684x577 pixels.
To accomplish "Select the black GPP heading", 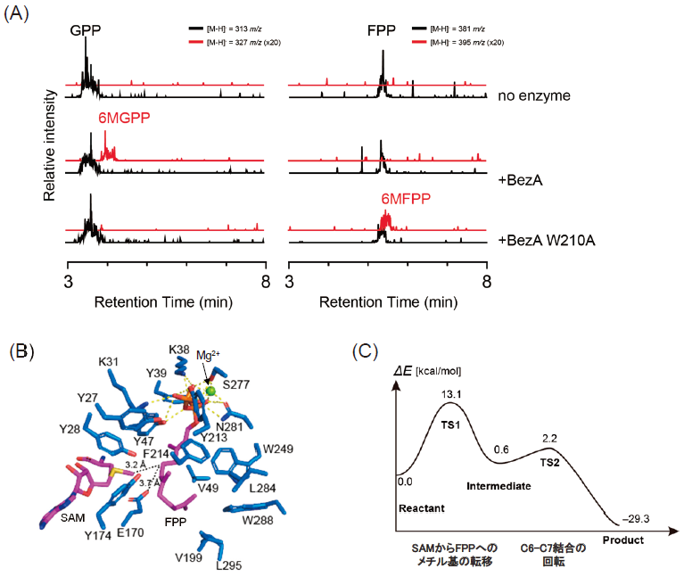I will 87,29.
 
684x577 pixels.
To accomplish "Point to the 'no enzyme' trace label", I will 534,95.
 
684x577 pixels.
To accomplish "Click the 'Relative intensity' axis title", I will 51,138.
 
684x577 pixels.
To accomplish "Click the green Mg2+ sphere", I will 210,391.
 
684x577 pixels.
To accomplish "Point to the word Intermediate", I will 499,486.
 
